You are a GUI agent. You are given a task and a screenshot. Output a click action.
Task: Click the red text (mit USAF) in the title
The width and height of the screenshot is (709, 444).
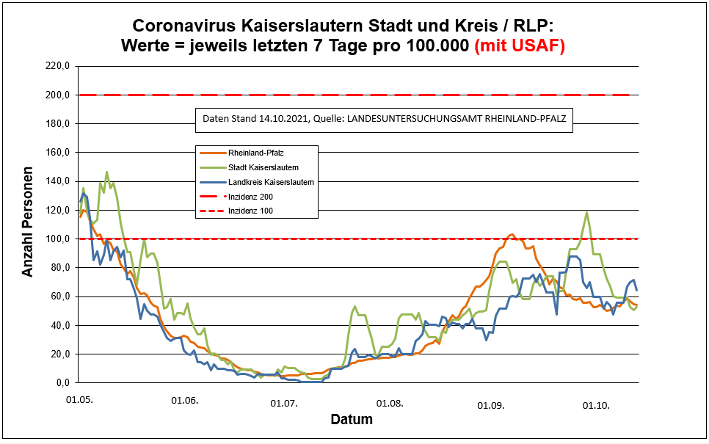point(520,46)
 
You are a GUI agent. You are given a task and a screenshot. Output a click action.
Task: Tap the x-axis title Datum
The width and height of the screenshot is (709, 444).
point(351,420)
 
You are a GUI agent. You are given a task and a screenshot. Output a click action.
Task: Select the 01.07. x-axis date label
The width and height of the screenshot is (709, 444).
point(283,403)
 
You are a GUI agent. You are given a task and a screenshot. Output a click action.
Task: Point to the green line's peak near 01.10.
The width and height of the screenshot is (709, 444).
point(587,213)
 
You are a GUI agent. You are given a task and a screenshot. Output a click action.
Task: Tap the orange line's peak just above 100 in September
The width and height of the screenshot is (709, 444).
point(512,235)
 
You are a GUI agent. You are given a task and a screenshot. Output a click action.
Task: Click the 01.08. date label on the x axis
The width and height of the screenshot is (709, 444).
point(389,403)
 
